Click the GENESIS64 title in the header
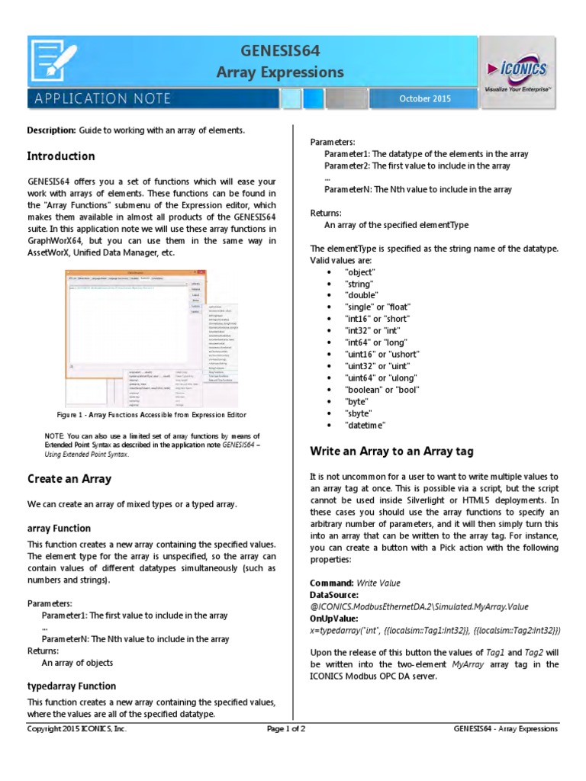click(280, 51)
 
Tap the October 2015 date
click(425, 99)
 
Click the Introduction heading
click(61, 156)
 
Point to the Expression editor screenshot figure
click(151, 339)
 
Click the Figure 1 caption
click(151, 415)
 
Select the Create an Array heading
click(69, 479)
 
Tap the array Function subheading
click(59, 528)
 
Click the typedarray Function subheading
click(72, 686)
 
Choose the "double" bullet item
click(361, 294)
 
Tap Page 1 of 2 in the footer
click(286, 728)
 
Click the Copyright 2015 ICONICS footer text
click(77, 728)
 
